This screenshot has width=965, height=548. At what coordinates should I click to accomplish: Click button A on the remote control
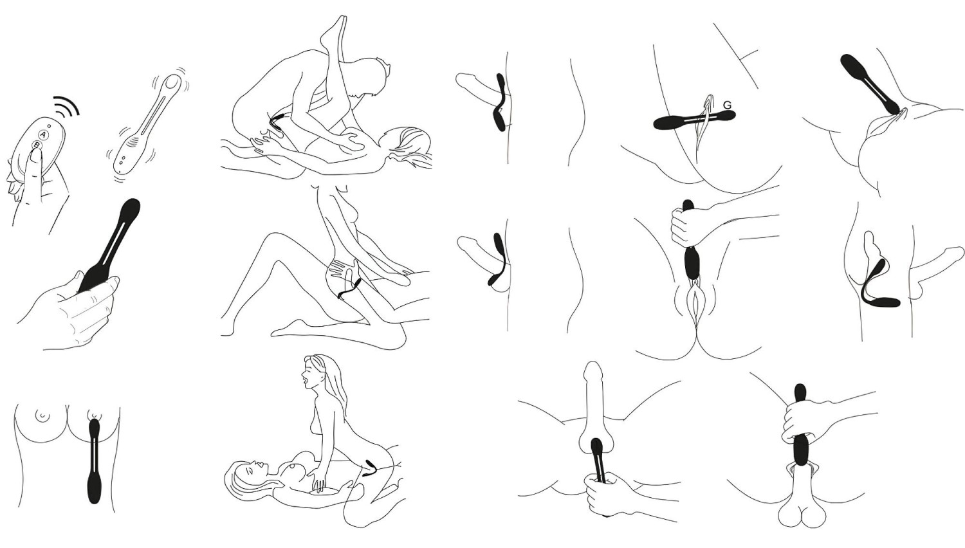coord(43,135)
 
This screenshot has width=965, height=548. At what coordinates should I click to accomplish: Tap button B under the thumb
coord(37,145)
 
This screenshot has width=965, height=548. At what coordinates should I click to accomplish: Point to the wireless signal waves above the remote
coord(66,107)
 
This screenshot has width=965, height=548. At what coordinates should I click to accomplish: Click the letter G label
coord(727,105)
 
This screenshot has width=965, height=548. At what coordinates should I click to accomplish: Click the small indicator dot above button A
coord(49,126)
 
